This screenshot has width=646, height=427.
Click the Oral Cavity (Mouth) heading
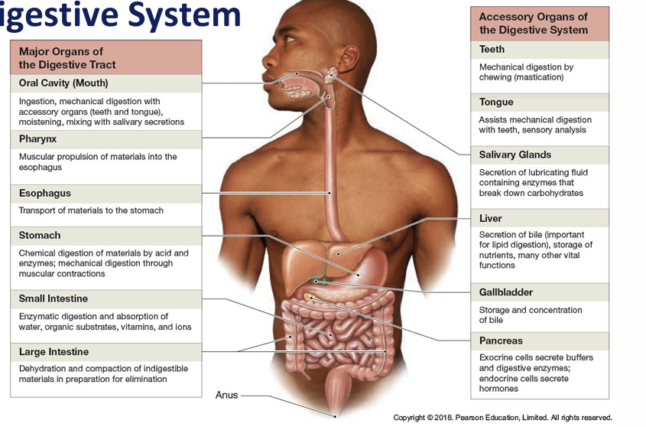point(63,83)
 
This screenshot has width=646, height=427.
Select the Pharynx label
point(38,139)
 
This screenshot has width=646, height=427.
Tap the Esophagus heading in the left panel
point(45,194)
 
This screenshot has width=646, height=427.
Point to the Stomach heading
point(40,236)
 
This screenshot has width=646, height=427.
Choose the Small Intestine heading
point(54,298)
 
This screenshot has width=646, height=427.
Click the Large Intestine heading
point(54,352)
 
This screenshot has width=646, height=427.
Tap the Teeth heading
point(492,50)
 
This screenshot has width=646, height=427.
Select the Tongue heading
point(496,103)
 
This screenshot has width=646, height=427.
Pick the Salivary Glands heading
point(515,155)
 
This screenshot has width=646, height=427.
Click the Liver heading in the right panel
point(491,219)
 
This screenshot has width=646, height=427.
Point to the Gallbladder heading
point(505,292)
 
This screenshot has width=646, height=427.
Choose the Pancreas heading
point(501,341)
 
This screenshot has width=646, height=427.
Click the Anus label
point(226,396)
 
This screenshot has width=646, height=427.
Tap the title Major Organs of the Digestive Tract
point(68,58)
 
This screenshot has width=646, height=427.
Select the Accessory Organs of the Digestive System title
point(533,24)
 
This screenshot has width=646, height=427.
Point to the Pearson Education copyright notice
point(502,418)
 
